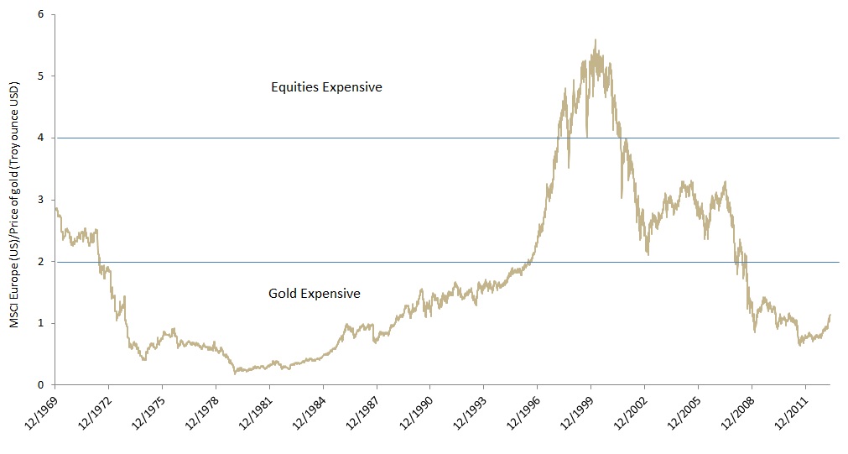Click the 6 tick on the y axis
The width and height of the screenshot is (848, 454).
pyautogui.click(x=40, y=14)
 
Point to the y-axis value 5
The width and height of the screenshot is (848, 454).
pyautogui.click(x=40, y=76)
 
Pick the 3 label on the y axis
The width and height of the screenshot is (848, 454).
pyautogui.click(x=40, y=200)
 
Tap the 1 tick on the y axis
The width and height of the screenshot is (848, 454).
pyautogui.click(x=40, y=323)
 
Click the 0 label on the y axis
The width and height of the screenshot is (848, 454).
pyautogui.click(x=40, y=385)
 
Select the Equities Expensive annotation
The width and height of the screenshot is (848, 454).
pyautogui.click(x=326, y=86)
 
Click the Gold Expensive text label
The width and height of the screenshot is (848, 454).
pyautogui.click(x=315, y=294)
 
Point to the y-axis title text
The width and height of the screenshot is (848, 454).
pyautogui.click(x=14, y=199)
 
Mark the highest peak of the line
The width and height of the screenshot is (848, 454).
pyautogui.click(x=595, y=39)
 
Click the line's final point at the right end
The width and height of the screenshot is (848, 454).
pyautogui.click(x=830, y=315)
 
